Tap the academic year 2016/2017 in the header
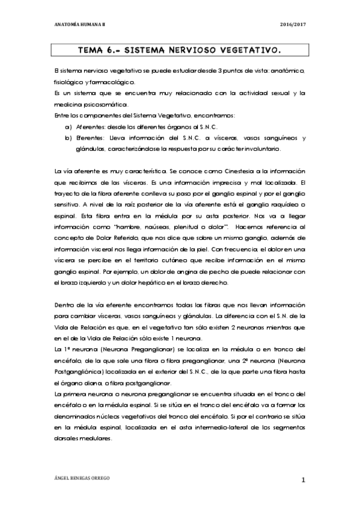[x=293, y=24]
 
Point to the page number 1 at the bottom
[x=304, y=479]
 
